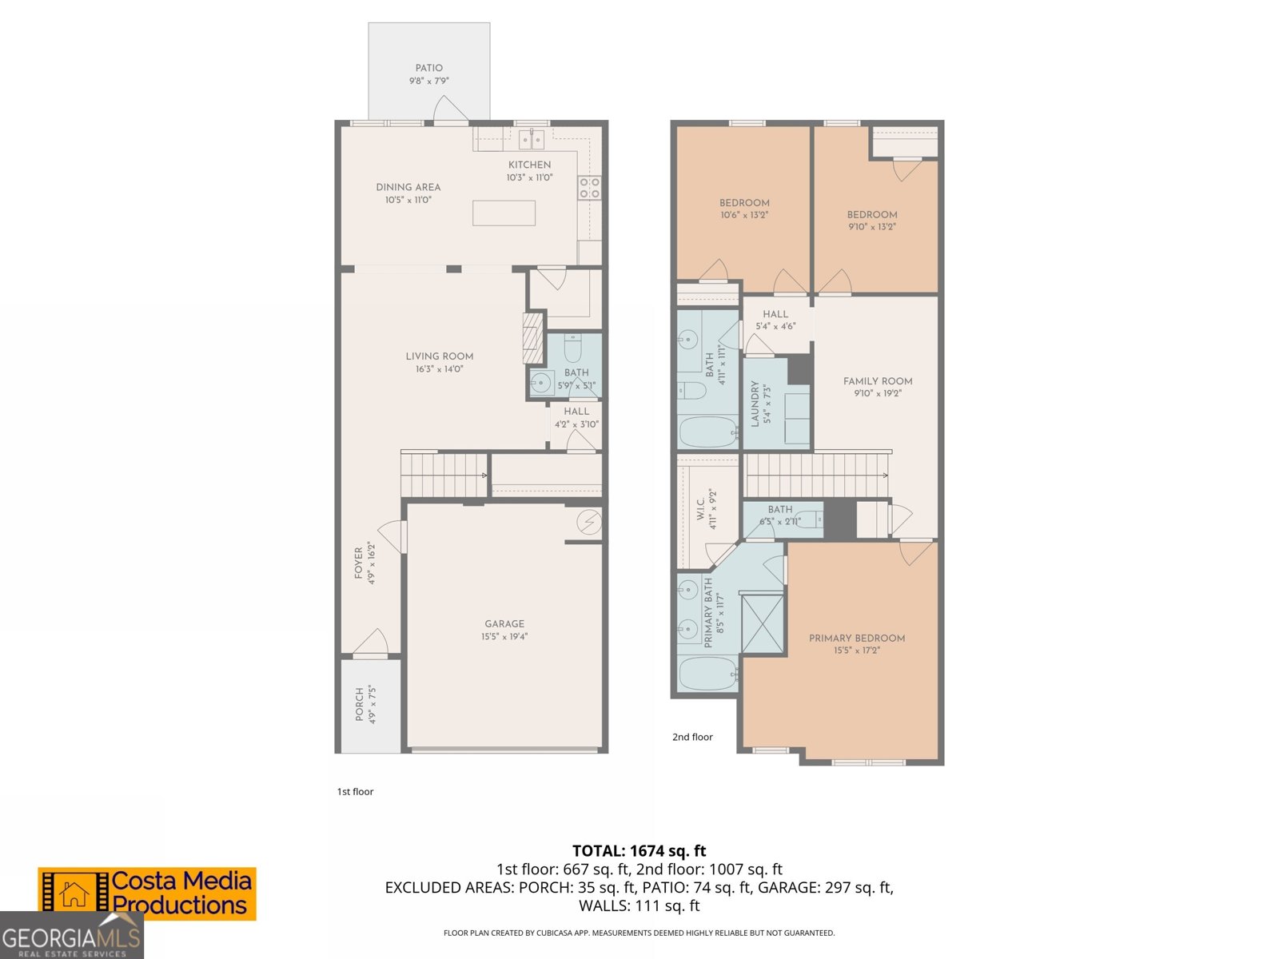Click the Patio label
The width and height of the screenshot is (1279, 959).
[x=428, y=68]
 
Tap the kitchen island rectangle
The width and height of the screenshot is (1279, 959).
[x=504, y=213]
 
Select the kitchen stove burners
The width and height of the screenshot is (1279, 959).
[x=590, y=188]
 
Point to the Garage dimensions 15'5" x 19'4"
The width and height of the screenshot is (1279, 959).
[x=504, y=637]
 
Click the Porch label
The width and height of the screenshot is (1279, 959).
[x=360, y=704]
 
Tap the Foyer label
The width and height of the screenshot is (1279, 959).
[x=359, y=563]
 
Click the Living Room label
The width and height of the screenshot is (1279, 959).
[x=439, y=356]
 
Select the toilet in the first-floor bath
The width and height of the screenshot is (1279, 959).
[x=572, y=348]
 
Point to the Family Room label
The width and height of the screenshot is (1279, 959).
[x=877, y=381]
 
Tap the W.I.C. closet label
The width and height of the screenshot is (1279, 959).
[x=701, y=509]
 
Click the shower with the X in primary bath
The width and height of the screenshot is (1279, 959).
[x=762, y=623]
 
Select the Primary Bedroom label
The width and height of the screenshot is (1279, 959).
[x=856, y=638]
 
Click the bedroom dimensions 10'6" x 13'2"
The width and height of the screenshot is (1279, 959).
[x=743, y=215]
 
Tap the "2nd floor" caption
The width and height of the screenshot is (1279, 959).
[x=692, y=737]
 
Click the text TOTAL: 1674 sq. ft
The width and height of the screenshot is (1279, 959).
[x=639, y=851]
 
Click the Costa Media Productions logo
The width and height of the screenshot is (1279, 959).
[x=147, y=893]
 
